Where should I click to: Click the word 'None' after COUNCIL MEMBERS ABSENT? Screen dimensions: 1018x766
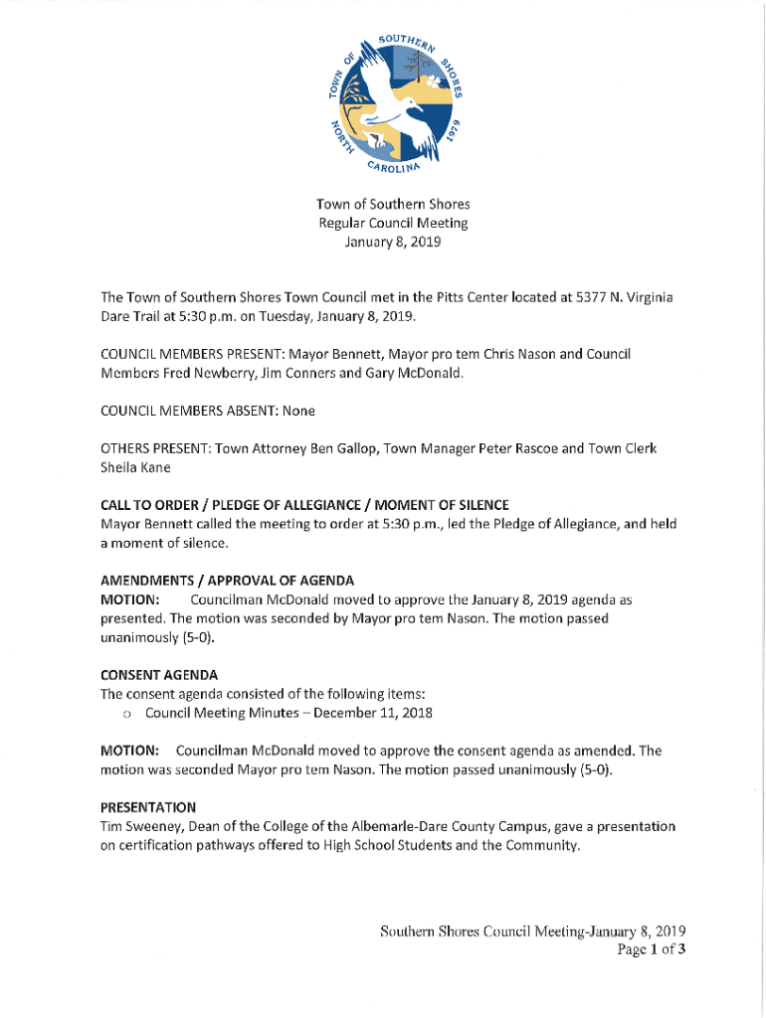[300, 411]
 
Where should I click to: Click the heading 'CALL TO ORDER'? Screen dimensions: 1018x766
[156, 506]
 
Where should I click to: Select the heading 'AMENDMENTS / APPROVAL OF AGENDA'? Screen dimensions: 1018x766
[228, 581]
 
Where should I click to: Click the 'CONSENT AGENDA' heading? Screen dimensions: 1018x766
[159, 674]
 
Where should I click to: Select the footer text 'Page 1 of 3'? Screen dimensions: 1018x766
[652, 949]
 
